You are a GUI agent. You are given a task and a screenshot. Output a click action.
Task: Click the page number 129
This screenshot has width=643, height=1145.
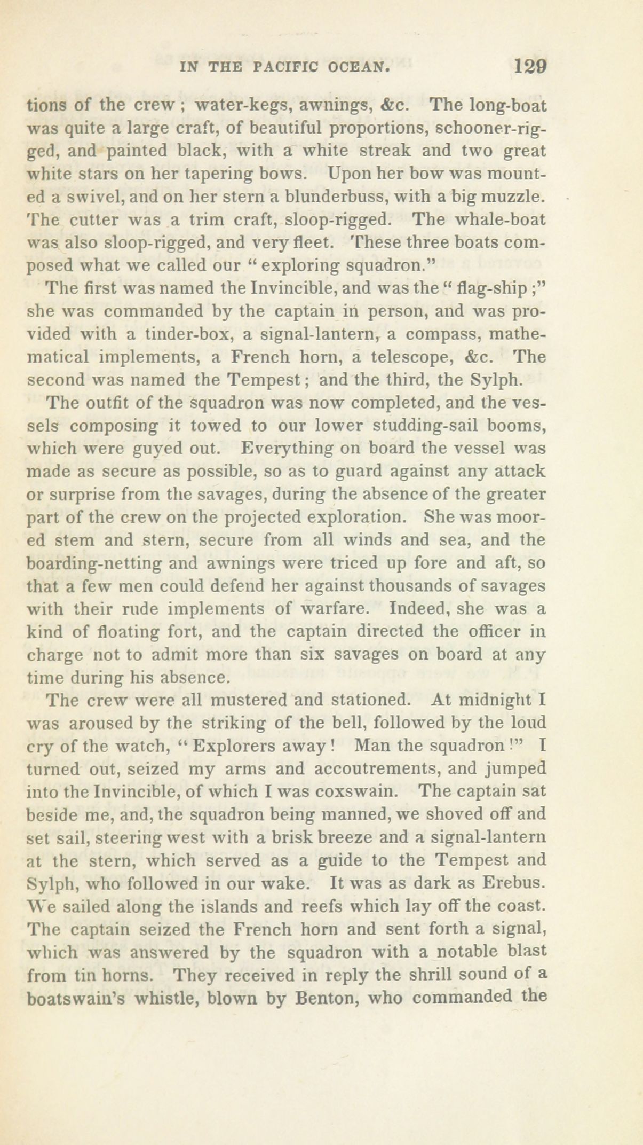[x=529, y=67]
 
